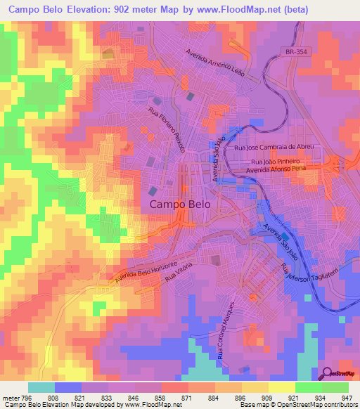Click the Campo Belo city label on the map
tap(179, 204)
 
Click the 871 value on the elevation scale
tap(188, 397)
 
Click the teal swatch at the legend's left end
tap(41, 387)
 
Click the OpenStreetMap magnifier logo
tap(326, 374)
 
